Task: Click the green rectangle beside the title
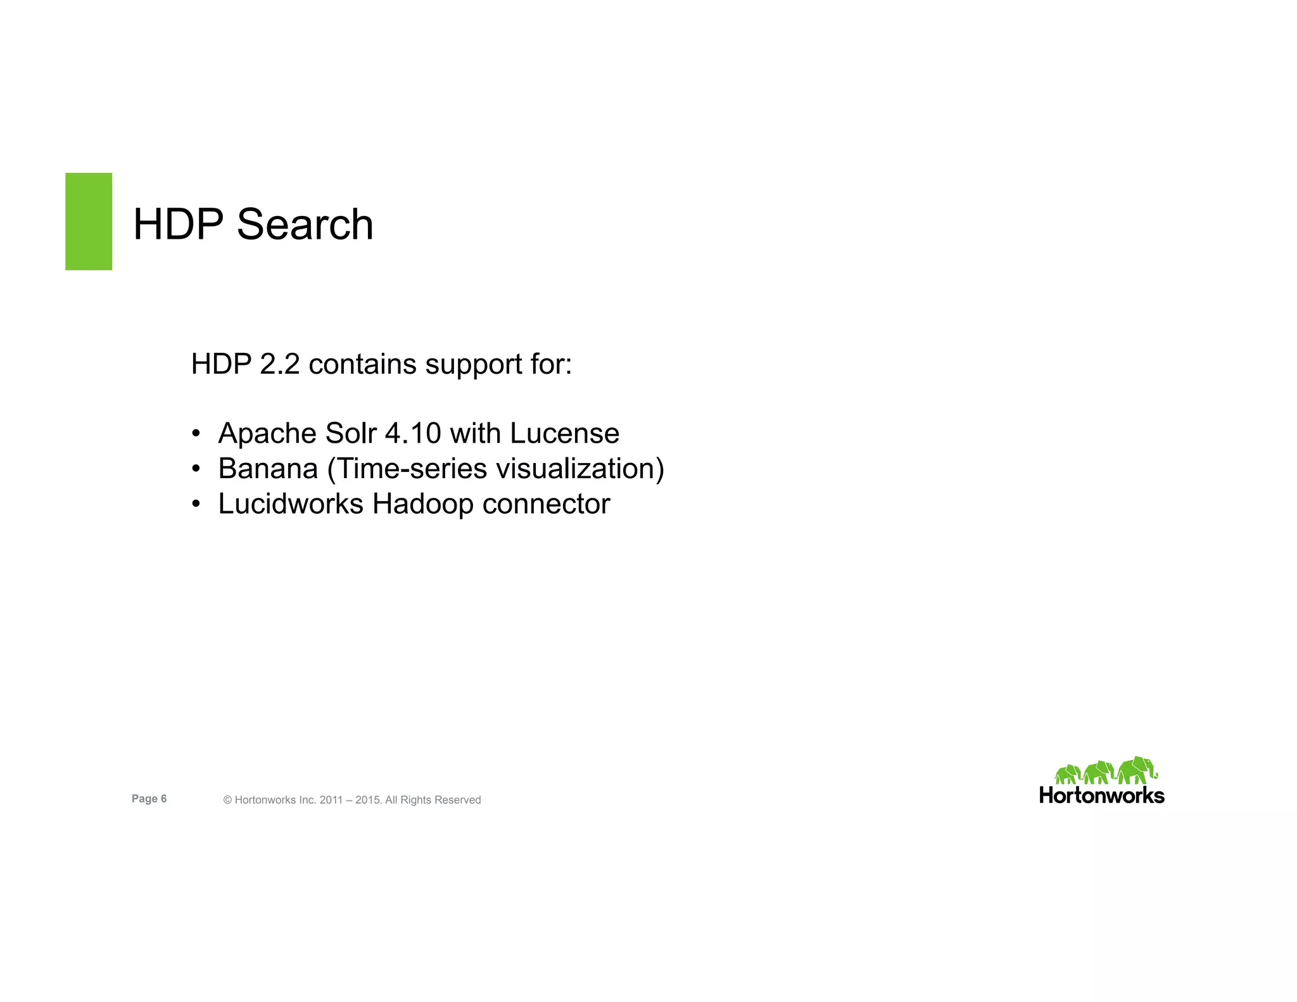coord(89,221)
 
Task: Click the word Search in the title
coord(305,225)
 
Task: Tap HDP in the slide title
coord(178,225)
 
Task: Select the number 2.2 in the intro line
coord(280,364)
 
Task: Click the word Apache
coord(267,434)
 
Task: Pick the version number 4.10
coord(413,434)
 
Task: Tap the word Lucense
coord(564,434)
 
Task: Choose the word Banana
coord(268,469)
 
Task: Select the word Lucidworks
coord(291,504)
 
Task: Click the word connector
coord(546,505)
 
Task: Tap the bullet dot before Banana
coord(196,469)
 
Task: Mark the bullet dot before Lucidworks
coord(196,505)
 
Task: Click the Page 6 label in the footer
coord(149,799)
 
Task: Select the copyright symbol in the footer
coord(228,801)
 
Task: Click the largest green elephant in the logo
coord(1137,770)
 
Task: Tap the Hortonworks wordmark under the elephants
coord(1102,796)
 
